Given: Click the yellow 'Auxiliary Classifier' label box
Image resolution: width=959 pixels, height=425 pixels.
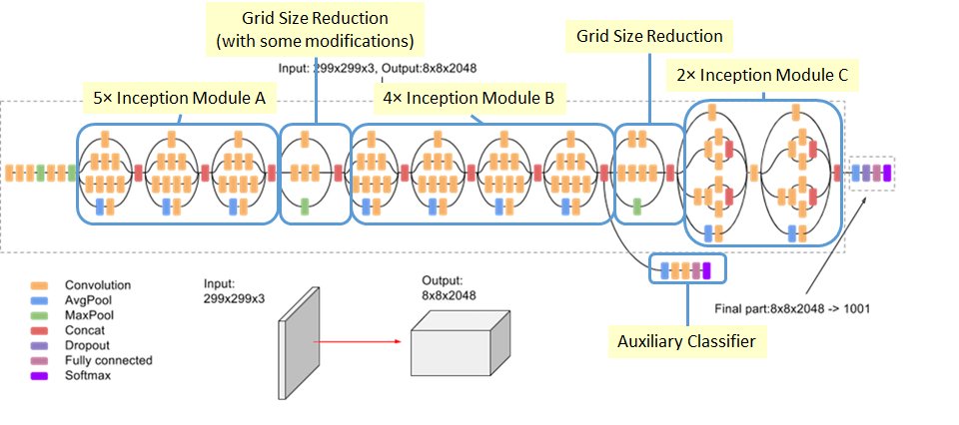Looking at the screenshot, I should click(x=684, y=342).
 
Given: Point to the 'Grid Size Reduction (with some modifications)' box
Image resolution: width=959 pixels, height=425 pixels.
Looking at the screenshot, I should click(x=315, y=29).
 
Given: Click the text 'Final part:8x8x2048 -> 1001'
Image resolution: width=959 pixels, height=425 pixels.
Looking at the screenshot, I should click(x=792, y=308).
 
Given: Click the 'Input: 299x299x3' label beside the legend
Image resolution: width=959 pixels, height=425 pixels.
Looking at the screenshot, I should click(x=233, y=291).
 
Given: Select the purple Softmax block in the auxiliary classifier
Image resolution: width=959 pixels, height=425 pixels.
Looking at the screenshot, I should click(x=706, y=268).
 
